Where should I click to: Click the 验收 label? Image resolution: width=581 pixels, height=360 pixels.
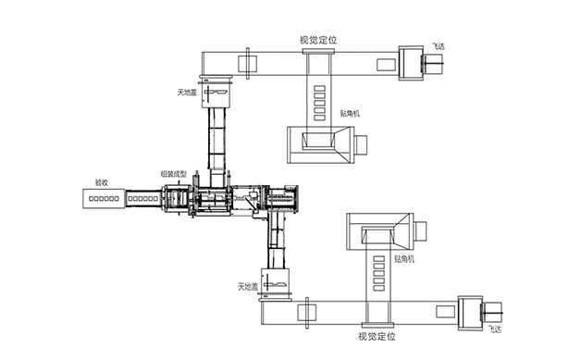tap(102, 182)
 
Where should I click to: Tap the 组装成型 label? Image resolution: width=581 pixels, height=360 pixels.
tap(174, 173)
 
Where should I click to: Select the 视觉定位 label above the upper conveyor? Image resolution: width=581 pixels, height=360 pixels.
tap(318, 40)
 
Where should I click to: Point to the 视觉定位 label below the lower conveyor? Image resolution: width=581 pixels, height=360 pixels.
tap(377, 336)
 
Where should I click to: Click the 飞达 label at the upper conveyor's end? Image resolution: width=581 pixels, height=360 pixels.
tap(439, 46)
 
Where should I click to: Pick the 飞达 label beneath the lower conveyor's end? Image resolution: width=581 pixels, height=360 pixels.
tap(495, 329)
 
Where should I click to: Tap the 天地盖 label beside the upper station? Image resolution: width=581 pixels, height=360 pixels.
tap(187, 93)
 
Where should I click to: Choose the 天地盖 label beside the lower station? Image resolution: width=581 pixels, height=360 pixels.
tap(248, 287)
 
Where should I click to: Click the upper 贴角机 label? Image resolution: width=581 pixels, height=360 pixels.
tap(350, 114)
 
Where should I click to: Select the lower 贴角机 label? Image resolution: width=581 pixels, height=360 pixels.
tap(404, 259)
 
